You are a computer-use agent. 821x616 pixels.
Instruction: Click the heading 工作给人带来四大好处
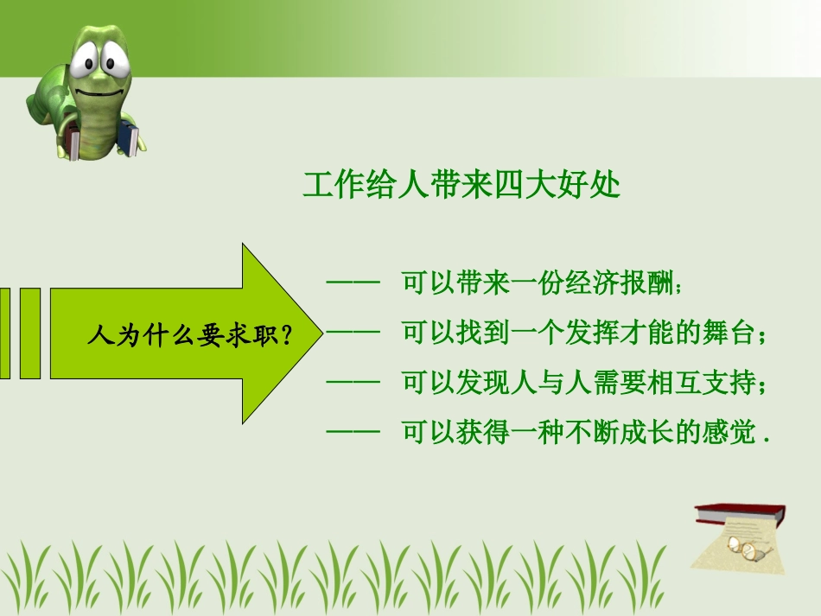tap(461, 184)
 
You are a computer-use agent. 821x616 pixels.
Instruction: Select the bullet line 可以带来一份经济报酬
tap(542, 283)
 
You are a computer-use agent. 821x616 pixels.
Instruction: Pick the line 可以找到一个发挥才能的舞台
tap(584, 333)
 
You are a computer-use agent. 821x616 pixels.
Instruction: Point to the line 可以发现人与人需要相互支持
tap(584, 383)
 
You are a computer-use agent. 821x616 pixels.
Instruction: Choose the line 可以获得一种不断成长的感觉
tap(585, 432)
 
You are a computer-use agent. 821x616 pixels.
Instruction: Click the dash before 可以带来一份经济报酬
tap(353, 283)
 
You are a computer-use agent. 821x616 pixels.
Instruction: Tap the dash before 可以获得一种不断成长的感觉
tap(353, 432)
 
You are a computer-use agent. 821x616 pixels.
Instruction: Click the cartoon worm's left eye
tap(83, 60)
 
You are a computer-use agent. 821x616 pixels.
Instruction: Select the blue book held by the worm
tap(128, 138)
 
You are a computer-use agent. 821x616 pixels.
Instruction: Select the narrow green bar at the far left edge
tap(4, 333)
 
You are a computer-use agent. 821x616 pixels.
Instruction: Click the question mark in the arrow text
tap(286, 335)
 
